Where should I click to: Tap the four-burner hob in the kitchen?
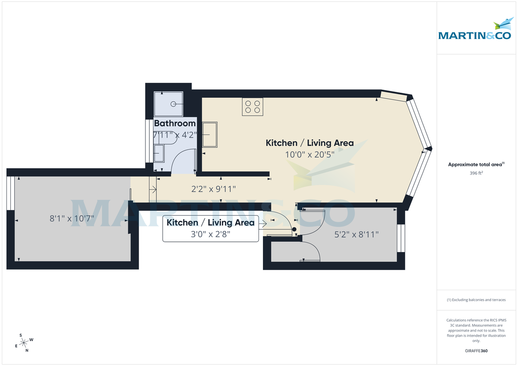pyautogui.click(x=253, y=106)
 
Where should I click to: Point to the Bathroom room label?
pyautogui.click(x=175, y=124)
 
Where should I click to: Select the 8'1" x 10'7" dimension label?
pyautogui.click(x=72, y=219)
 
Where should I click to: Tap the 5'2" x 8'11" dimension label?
pyautogui.click(x=357, y=235)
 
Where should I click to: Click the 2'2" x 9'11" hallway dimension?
pyautogui.click(x=213, y=189)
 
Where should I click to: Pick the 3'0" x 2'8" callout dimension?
pyautogui.click(x=210, y=234)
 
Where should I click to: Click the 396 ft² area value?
pyautogui.click(x=476, y=173)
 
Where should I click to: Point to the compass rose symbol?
pyautogui.click(x=25, y=342)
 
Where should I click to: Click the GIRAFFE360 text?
pyautogui.click(x=476, y=351)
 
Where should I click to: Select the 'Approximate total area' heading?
pyautogui.click(x=476, y=164)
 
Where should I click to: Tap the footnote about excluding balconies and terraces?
pyautogui.click(x=476, y=300)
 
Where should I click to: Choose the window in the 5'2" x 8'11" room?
pyautogui.click(x=401, y=238)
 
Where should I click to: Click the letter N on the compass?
pyautogui.click(x=27, y=350)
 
